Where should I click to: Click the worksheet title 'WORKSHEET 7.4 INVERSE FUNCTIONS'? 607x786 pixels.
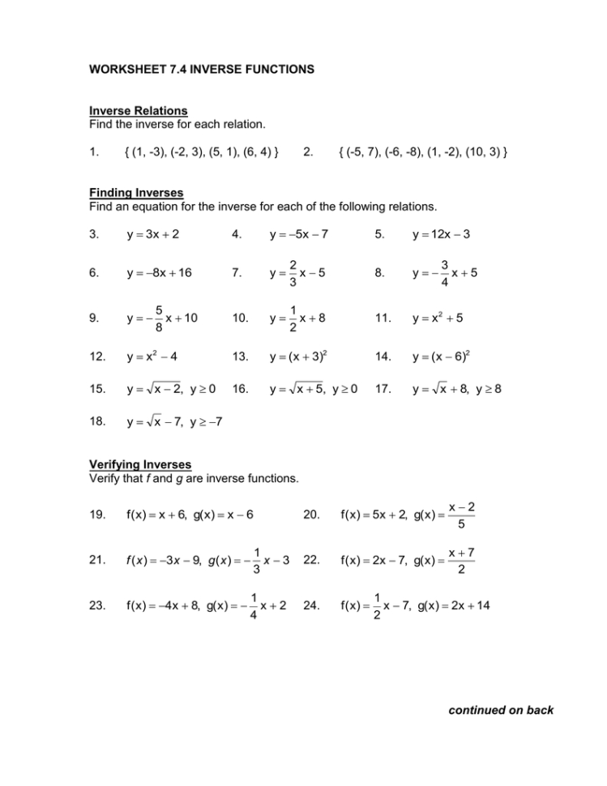(x=201, y=70)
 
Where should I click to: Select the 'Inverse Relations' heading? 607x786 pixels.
(x=138, y=110)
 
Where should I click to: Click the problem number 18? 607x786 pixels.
(x=96, y=421)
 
